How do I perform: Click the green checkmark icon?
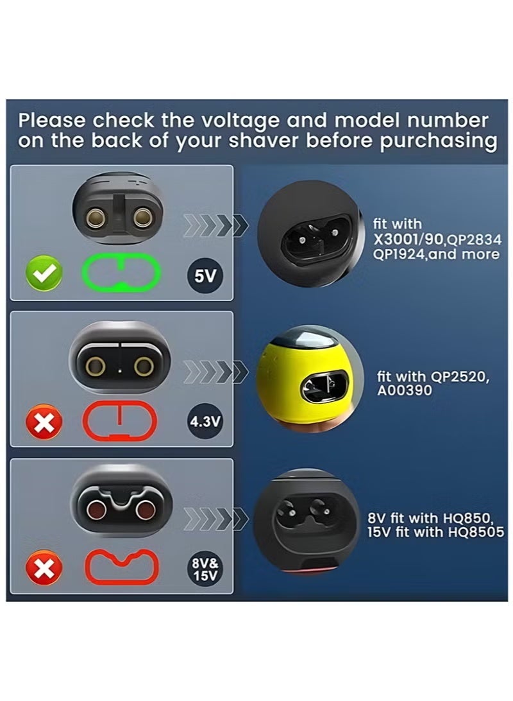tap(44, 273)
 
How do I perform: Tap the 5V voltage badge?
tap(205, 276)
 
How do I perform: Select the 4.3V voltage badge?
tap(205, 421)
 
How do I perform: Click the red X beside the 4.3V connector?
tap(44, 422)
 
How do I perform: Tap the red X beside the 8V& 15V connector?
tap(44, 568)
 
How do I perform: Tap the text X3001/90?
tap(408, 239)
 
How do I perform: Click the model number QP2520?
tap(458, 376)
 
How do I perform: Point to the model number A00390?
tap(405, 390)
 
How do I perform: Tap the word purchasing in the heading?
tap(439, 141)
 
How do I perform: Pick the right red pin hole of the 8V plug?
tap(145, 510)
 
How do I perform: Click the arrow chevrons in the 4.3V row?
tap(215, 372)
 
